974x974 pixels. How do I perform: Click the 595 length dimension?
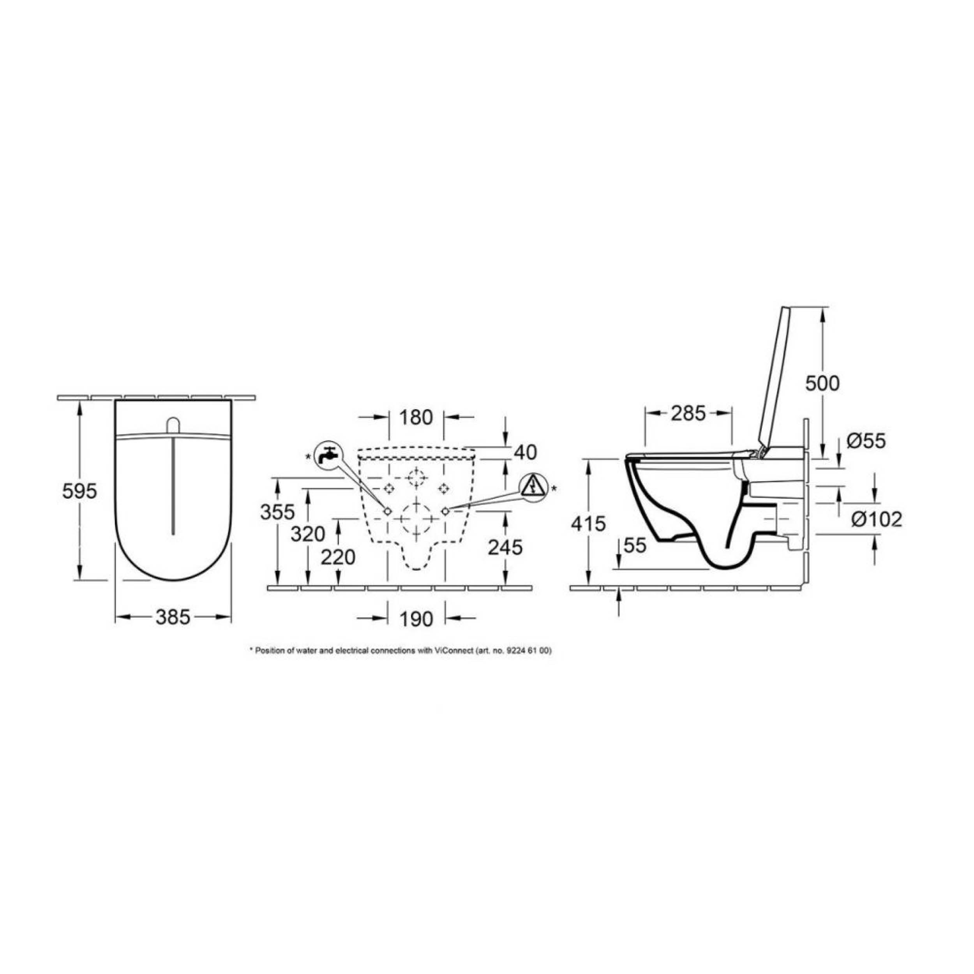click(x=79, y=491)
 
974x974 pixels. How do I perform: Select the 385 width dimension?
click(x=173, y=617)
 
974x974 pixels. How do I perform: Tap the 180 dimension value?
click(x=416, y=417)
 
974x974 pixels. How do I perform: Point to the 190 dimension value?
click(x=416, y=619)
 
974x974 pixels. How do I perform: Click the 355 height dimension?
click(x=277, y=512)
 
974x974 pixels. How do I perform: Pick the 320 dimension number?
click(x=307, y=534)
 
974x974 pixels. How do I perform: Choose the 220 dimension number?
click(x=338, y=557)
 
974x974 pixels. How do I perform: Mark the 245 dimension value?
click(x=506, y=547)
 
